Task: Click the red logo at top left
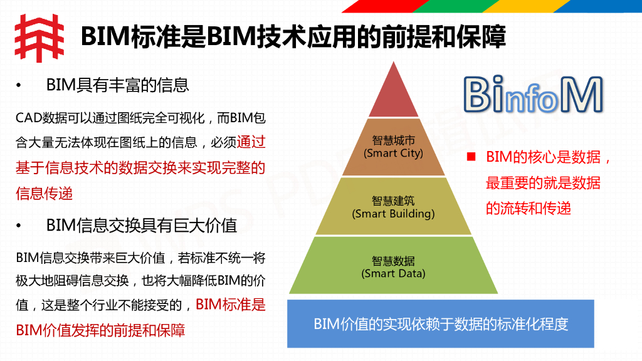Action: tap(39, 38)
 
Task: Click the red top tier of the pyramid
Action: tap(393, 94)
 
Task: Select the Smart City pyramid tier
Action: tap(393, 147)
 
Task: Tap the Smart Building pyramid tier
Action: tap(393, 207)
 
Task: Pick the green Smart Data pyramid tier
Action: tap(393, 266)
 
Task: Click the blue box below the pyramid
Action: tap(440, 324)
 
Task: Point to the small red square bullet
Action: tap(471, 157)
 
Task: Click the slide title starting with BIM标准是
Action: tap(293, 37)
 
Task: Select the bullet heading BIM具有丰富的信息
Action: tap(117, 85)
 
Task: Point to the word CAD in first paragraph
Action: tap(27, 118)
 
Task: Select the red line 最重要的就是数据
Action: tap(542, 183)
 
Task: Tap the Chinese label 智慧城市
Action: tap(393, 141)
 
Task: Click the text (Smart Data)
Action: tap(393, 273)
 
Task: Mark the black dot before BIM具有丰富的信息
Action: tap(19, 85)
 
